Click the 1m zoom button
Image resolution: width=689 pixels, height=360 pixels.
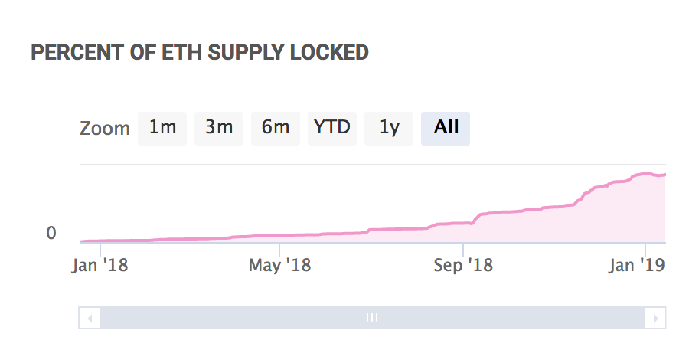point(162,128)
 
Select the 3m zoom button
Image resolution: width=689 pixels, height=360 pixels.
point(219,128)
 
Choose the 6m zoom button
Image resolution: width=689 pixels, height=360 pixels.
point(276,128)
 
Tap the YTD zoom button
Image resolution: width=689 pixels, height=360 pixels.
point(332,128)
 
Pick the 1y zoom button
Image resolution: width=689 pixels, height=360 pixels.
point(389,128)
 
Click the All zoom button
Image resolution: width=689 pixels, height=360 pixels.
point(446,128)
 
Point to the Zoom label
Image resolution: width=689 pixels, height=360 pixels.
point(105,129)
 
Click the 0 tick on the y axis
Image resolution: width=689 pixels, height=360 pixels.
point(51,233)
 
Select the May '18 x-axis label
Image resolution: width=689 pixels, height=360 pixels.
point(279,266)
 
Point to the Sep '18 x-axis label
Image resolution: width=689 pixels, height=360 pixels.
point(463,266)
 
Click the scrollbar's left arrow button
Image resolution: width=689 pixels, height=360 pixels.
point(90,317)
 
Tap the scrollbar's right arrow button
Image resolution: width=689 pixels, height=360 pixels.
point(655,317)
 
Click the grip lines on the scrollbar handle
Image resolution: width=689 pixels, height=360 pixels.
point(372,317)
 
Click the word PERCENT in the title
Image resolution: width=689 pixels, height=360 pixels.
point(67,53)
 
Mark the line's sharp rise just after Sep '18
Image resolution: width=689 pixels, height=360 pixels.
point(475,218)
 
